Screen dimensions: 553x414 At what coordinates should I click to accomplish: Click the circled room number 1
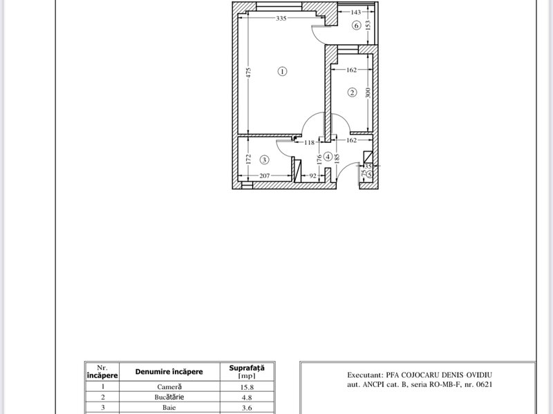click(282, 72)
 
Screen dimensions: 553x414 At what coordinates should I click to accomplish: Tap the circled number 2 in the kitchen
click(352, 92)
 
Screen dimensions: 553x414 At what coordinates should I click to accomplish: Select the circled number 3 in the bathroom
click(264, 160)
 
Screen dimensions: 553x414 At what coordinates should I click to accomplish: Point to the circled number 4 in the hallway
click(328, 157)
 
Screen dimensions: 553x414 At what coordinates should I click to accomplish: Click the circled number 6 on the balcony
click(356, 26)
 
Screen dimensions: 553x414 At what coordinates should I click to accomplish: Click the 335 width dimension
click(281, 19)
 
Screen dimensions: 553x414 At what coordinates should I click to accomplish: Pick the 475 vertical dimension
click(248, 73)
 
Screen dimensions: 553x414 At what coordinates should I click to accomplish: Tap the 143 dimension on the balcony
click(356, 12)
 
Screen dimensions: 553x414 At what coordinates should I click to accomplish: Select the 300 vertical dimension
click(368, 93)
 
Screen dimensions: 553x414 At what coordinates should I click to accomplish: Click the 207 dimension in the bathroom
click(265, 176)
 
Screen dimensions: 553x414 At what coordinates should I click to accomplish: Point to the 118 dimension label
click(309, 143)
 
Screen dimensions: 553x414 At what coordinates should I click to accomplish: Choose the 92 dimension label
click(313, 176)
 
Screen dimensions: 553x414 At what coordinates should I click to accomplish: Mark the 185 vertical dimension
click(337, 159)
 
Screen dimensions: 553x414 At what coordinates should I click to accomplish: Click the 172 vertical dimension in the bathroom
click(248, 159)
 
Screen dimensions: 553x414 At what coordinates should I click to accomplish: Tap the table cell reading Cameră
click(169, 386)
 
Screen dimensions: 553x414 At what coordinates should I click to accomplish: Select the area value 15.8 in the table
click(247, 387)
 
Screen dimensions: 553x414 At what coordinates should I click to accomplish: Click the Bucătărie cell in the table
click(169, 397)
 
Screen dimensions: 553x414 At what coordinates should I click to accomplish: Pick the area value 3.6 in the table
click(247, 408)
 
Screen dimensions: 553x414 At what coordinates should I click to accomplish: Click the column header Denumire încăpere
click(169, 372)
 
